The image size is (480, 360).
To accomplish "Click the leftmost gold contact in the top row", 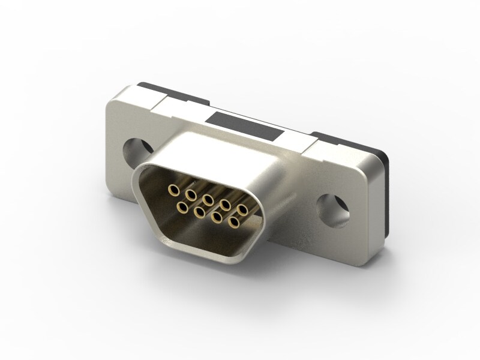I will (174, 190).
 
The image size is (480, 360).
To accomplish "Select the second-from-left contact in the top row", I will (191, 194).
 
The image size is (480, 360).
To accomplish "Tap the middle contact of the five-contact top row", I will (208, 199).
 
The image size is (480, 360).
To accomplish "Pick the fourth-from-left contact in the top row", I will (226, 204).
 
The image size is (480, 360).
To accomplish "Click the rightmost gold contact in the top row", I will (243, 209).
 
